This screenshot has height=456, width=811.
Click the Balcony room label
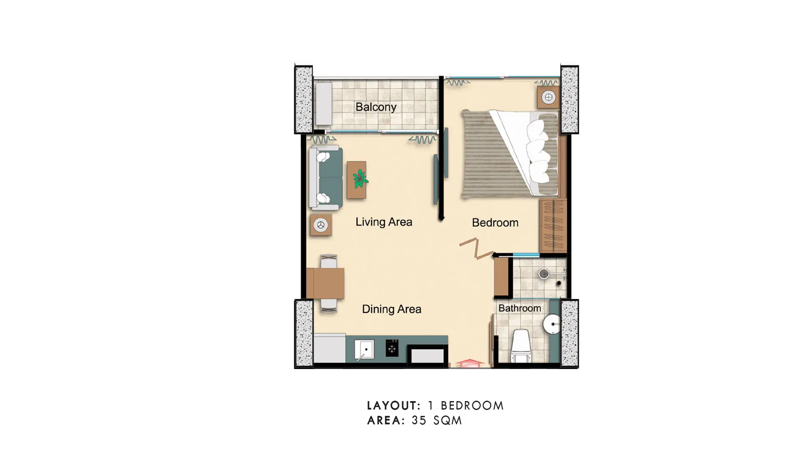tap(376, 107)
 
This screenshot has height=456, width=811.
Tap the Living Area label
tap(384, 222)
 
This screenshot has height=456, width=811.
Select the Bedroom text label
tap(495, 223)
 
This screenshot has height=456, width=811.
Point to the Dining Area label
tap(392, 309)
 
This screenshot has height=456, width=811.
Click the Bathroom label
tap(520, 308)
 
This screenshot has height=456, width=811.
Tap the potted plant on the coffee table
tap(360, 179)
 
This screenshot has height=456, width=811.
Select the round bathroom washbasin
tap(552, 324)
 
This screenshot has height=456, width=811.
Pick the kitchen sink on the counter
tap(364, 350)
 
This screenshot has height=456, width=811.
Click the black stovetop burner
tap(392, 348)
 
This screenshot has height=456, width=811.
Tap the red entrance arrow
tap(470, 363)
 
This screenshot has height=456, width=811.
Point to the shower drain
tap(544, 274)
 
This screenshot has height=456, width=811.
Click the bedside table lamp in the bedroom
tap(549, 98)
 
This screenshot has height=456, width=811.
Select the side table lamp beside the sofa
tap(321, 225)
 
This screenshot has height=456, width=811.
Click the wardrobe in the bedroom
tap(553, 226)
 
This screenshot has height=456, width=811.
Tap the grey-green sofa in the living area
tap(326, 177)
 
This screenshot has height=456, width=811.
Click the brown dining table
tap(325, 283)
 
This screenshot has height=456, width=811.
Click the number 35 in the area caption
tap(419, 421)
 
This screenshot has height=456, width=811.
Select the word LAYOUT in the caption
tap(394, 406)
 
